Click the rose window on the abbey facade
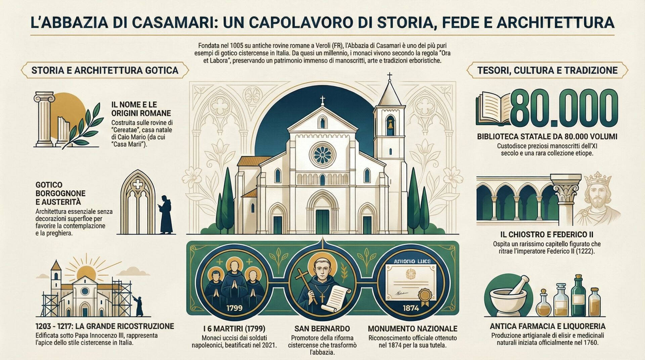(322, 155)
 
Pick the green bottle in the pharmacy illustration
(578, 296)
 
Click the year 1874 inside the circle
(411, 308)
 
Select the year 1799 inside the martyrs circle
(234, 308)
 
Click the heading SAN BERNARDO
(322, 329)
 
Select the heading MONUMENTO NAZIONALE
(413, 329)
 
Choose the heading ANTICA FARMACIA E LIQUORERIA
(547, 326)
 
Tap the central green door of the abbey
(322, 222)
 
